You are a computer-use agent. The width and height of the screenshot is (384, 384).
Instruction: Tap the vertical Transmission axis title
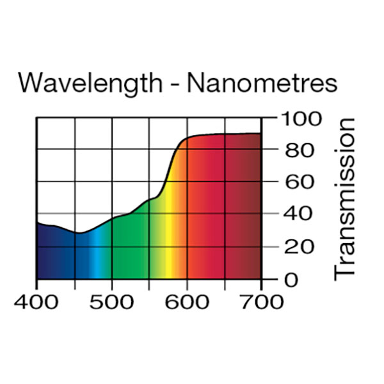(345, 198)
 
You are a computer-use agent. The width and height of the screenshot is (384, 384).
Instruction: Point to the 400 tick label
(36, 301)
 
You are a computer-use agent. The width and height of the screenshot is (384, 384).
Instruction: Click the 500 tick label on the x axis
(112, 301)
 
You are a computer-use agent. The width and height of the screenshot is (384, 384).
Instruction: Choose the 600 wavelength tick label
(187, 301)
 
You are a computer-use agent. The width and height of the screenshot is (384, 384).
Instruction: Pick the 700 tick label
(261, 301)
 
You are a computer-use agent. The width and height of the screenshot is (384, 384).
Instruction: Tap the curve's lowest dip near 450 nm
(77, 233)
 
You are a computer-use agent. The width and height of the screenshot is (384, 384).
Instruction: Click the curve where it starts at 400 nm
(37, 222)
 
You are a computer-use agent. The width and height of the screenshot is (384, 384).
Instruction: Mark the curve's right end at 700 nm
(260, 133)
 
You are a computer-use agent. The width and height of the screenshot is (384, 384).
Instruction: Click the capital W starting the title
(29, 84)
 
